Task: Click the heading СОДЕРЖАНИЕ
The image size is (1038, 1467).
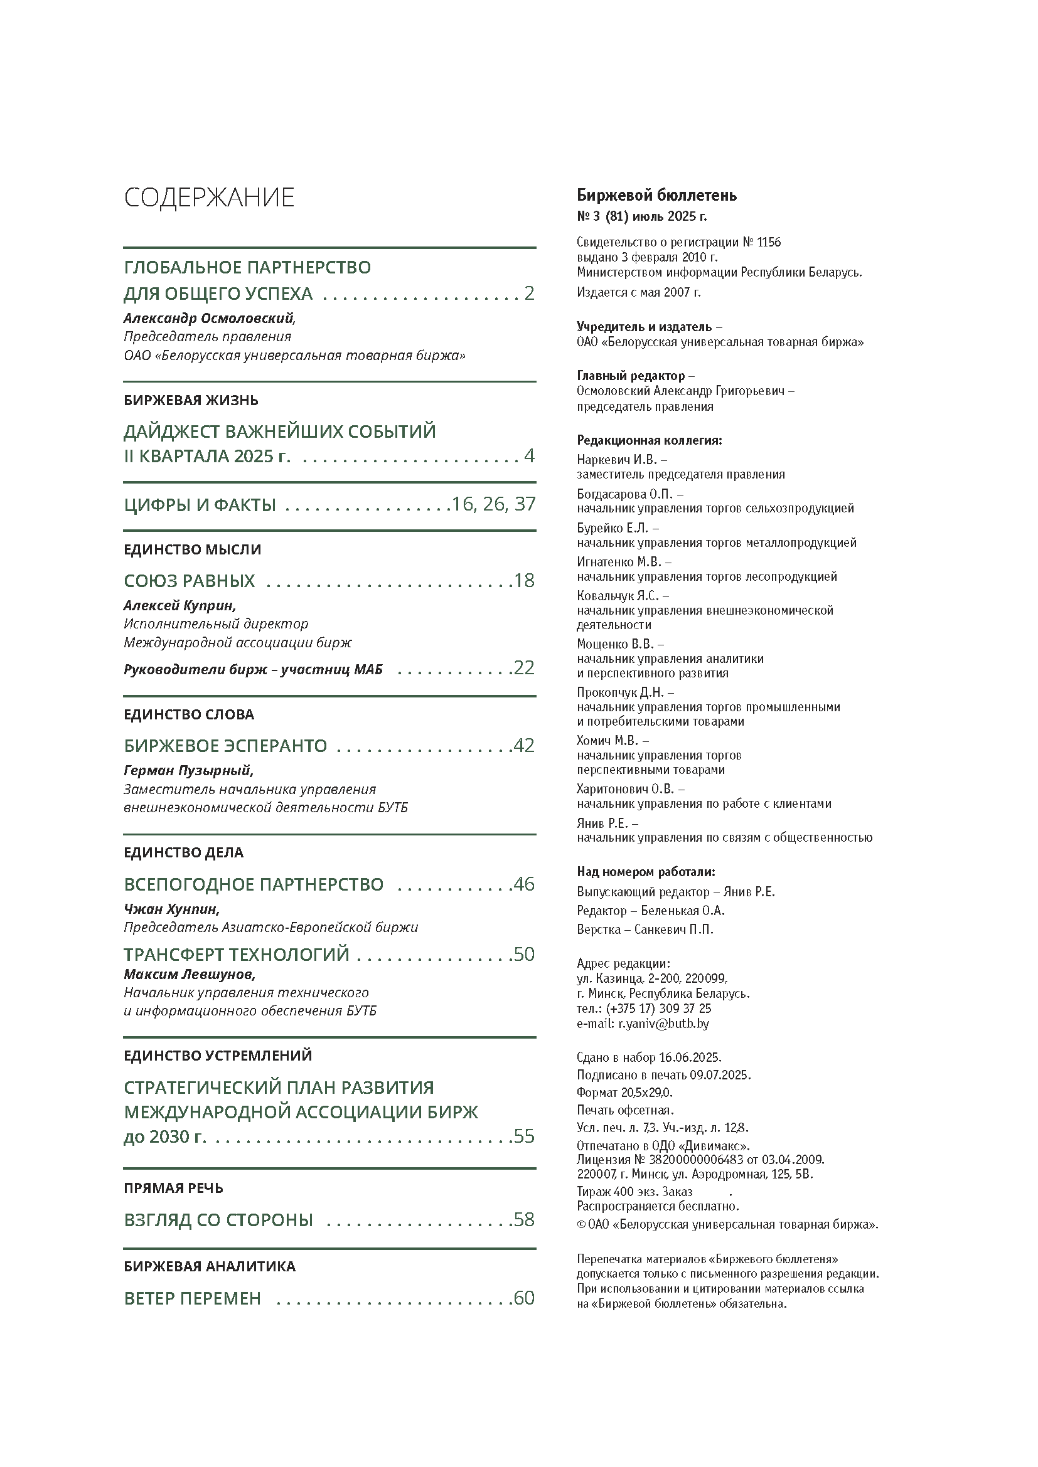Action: click(209, 198)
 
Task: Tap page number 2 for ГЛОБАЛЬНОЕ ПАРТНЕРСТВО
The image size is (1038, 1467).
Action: click(528, 294)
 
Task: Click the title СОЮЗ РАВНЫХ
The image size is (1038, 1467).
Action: click(189, 581)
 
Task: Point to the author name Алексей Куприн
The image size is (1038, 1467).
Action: click(179, 605)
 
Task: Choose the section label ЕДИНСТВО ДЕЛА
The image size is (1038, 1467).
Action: click(183, 852)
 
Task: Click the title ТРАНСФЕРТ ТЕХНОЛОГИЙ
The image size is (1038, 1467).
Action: click(237, 954)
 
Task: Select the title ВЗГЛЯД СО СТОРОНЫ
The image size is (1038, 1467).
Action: click(218, 1220)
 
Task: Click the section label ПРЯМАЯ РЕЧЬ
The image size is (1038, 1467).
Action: click(173, 1188)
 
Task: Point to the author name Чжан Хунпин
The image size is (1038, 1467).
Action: click(171, 909)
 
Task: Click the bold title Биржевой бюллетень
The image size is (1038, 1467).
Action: click(656, 196)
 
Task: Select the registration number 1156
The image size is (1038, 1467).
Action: click(769, 242)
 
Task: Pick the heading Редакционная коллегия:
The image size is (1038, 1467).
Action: click(650, 440)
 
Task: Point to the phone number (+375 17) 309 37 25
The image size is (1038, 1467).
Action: click(658, 1009)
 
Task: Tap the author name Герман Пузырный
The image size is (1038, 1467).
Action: click(188, 771)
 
